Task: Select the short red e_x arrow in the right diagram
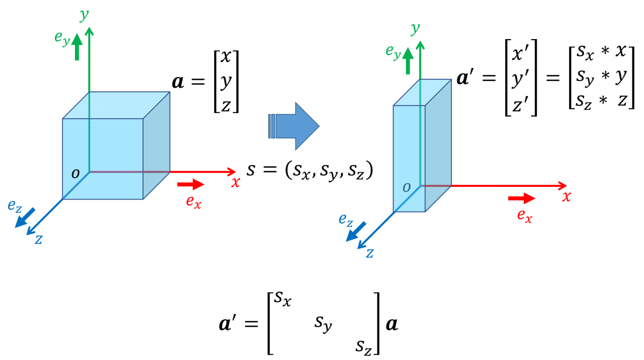tap(522, 198)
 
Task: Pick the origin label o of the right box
tap(406, 187)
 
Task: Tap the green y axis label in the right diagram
tap(416, 27)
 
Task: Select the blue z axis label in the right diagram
tap(370, 253)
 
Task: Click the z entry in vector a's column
tap(226, 105)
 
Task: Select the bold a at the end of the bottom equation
tap(391, 324)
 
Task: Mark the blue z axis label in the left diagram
tap(39, 239)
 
